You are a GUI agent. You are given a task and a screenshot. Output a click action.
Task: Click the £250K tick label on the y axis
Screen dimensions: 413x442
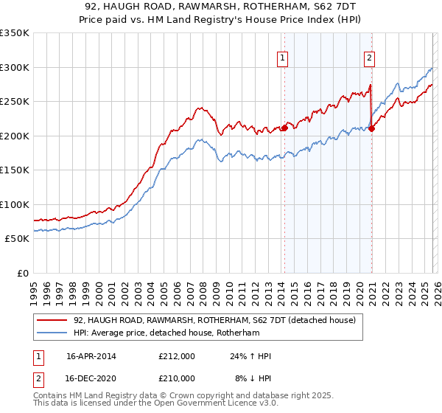coord(15,102)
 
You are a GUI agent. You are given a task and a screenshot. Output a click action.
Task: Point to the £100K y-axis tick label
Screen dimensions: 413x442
coord(15,204)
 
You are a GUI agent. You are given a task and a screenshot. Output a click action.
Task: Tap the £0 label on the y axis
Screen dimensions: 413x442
coord(22,273)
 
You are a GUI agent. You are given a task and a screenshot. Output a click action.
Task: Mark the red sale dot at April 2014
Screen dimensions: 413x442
coord(284,128)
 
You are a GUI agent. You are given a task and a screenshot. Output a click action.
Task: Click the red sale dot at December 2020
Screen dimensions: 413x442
coord(371,129)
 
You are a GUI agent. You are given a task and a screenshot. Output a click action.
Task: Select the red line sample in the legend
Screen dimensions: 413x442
coord(53,320)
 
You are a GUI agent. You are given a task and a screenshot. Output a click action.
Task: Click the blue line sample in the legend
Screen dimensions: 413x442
coord(53,333)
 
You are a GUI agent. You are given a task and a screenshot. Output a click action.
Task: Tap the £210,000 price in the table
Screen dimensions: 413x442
coord(177,378)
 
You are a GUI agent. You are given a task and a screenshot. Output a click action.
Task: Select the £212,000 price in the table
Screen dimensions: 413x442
coord(177,356)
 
